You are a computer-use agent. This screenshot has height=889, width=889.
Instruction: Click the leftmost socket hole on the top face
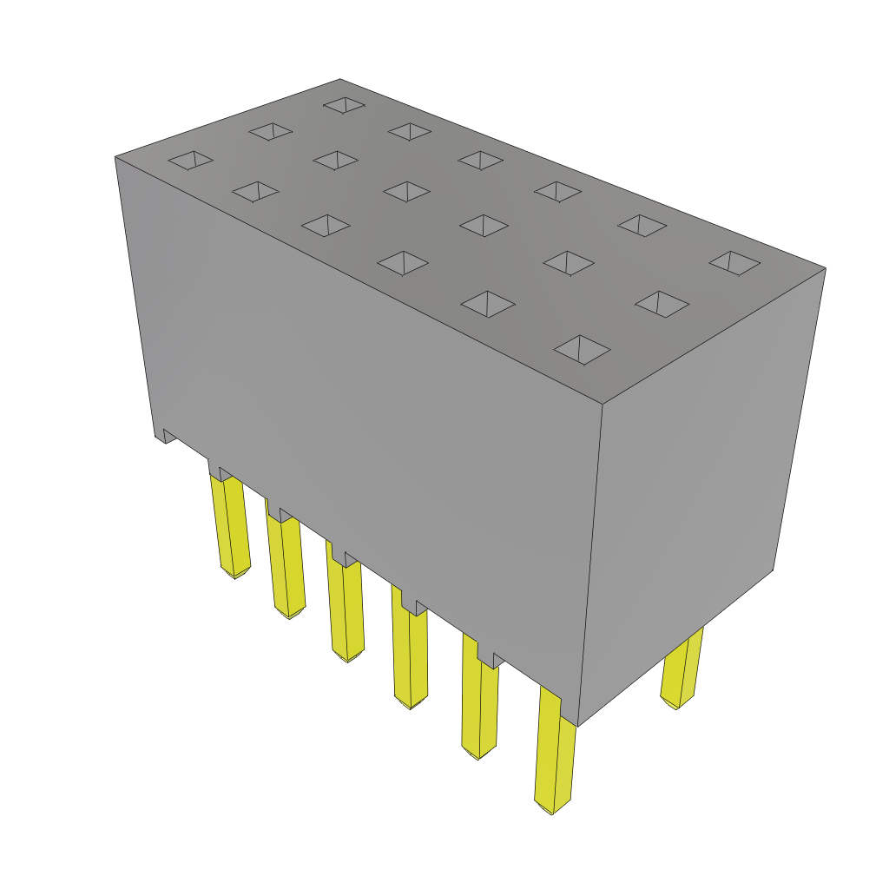click(190, 160)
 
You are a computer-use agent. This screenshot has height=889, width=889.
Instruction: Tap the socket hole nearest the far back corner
click(344, 104)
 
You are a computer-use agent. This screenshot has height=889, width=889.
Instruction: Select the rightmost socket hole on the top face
click(734, 262)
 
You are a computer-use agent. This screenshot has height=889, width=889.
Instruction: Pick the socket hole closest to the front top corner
click(582, 350)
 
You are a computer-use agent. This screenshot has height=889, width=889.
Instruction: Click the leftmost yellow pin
click(230, 524)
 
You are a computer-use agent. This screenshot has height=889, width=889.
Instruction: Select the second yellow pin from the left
click(286, 563)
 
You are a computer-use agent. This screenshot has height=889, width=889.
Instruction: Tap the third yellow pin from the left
click(346, 608)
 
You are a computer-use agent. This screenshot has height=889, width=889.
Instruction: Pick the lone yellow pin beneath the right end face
click(682, 668)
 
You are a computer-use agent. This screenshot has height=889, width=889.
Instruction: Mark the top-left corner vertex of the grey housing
click(115, 157)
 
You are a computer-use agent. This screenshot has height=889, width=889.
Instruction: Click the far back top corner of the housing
click(340, 80)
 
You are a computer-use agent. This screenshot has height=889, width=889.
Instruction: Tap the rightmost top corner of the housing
click(825, 268)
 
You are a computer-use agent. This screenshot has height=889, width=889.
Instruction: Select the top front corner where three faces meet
click(603, 404)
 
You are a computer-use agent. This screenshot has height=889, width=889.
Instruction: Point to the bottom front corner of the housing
click(577, 726)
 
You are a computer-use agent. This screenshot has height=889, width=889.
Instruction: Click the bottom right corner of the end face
click(773, 570)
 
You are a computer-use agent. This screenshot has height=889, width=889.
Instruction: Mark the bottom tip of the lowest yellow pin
click(552, 813)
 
